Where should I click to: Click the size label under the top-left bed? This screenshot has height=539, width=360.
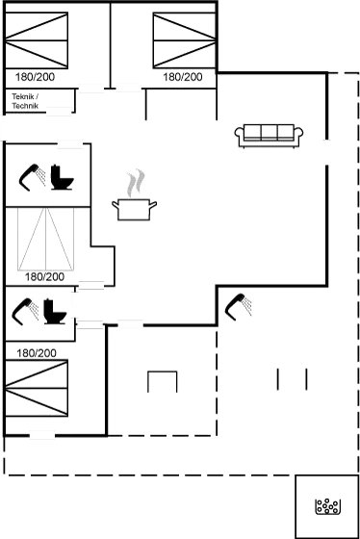(x=37, y=74)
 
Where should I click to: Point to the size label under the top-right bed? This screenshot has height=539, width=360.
(x=183, y=74)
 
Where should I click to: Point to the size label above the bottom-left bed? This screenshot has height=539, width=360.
(x=37, y=353)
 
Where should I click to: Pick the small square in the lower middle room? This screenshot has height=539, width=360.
(x=163, y=382)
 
